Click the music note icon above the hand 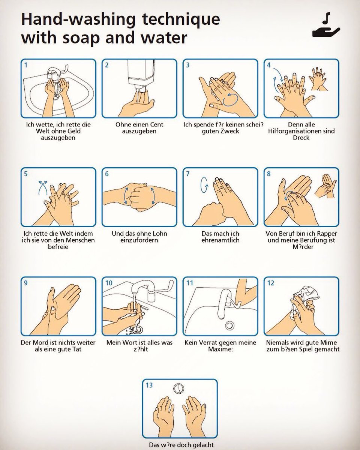pyautogui.click(x=326, y=18)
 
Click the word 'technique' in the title pyautogui.click(x=181, y=19)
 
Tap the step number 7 pyautogui.click(x=187, y=174)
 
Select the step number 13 pyautogui.click(x=149, y=385)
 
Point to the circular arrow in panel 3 pyautogui.click(x=230, y=99)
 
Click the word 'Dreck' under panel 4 pyautogui.click(x=301, y=138)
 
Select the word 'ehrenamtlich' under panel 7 pyautogui.click(x=220, y=240)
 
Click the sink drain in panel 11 pyautogui.click(x=229, y=325)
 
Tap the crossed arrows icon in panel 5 pyautogui.click(x=43, y=187)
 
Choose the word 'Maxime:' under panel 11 pyautogui.click(x=220, y=349)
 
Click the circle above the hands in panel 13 pyautogui.click(x=179, y=388)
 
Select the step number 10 pyautogui.click(x=109, y=283)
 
